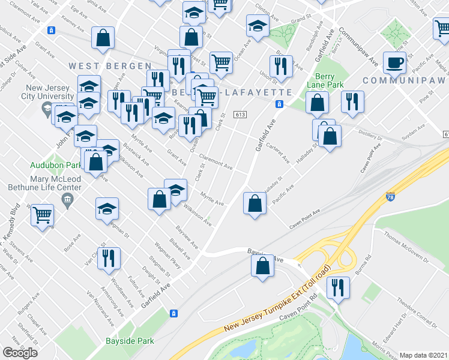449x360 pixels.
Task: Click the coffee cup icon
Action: (x=394, y=62)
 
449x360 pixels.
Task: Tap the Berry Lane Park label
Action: (x=330, y=80)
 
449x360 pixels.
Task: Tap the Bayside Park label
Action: (x=130, y=341)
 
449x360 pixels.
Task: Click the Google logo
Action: (x=19, y=353)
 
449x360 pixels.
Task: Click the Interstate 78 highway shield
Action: (x=390, y=196)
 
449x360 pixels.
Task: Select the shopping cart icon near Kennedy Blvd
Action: (x=42, y=215)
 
